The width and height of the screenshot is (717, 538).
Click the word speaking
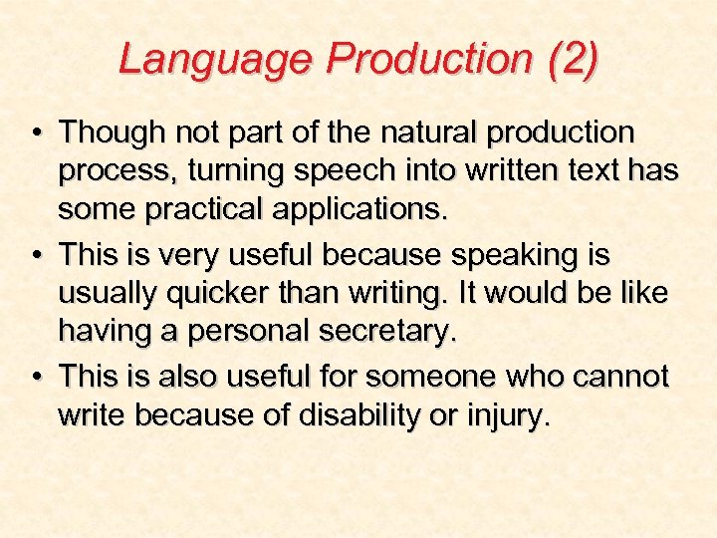pyautogui.click(x=488, y=256)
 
